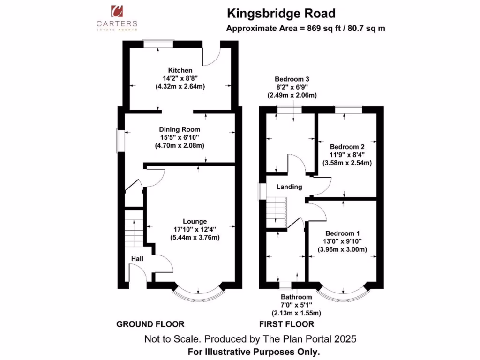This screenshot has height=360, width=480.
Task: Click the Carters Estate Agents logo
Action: (117, 18)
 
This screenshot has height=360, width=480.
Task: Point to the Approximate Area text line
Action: (306, 28)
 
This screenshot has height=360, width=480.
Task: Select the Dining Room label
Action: (180, 129)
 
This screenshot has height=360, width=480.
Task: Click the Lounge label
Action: (195, 221)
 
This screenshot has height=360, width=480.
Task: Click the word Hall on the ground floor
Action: (137, 258)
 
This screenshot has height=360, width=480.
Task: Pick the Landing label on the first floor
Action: (289, 187)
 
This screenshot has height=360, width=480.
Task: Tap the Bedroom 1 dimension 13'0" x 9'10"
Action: (343, 241)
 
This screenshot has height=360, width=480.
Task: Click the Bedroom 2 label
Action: (347, 146)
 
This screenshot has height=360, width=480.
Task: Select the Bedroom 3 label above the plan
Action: (292, 79)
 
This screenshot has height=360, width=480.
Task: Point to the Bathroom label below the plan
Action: (296, 297)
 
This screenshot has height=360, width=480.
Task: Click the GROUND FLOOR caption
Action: (150, 324)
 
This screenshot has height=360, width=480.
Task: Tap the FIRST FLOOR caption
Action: (286, 324)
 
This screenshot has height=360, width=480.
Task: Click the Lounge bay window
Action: (198, 293)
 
